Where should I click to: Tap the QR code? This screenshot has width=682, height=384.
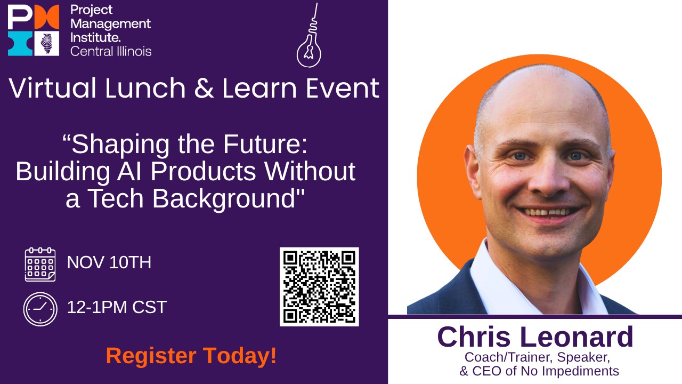(x=319, y=287)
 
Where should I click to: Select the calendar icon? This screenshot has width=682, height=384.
(x=40, y=265)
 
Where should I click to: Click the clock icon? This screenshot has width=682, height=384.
(x=40, y=309)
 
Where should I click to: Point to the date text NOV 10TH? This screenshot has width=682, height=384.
(x=109, y=262)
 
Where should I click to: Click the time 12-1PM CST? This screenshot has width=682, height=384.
(x=117, y=307)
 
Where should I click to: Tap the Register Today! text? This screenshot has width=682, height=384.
(x=191, y=356)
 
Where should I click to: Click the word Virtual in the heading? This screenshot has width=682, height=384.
(x=52, y=88)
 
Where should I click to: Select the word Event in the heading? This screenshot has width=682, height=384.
(x=343, y=89)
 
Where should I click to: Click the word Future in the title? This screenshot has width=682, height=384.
(x=265, y=144)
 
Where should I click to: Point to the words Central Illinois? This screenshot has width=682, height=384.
(x=111, y=51)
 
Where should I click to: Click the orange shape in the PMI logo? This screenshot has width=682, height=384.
(x=46, y=17)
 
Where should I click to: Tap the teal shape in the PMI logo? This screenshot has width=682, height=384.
(x=20, y=43)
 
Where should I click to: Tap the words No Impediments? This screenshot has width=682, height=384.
(x=570, y=371)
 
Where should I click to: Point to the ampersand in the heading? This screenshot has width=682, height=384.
(x=204, y=88)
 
